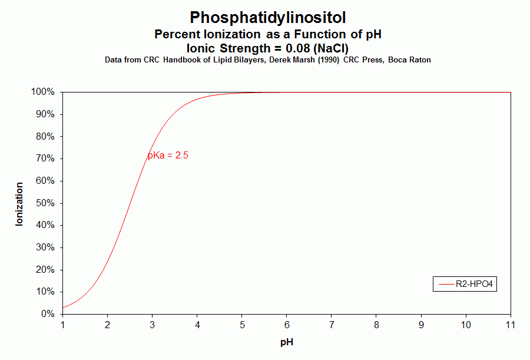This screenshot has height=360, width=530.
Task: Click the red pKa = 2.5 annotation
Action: [168, 156]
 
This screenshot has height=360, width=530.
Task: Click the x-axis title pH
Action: [286, 342]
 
